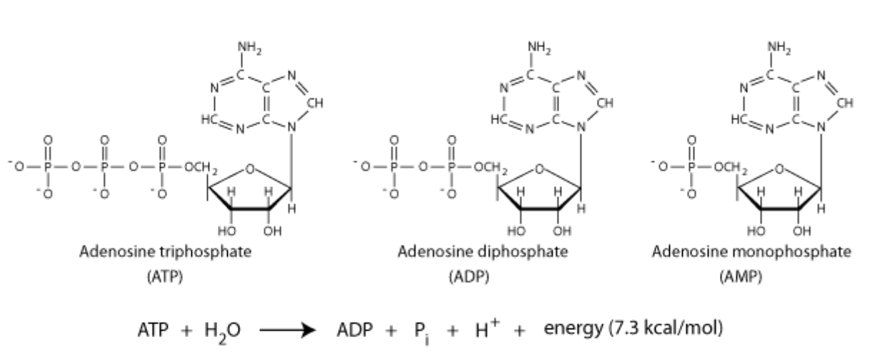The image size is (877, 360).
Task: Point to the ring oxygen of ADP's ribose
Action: pos(541,169)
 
